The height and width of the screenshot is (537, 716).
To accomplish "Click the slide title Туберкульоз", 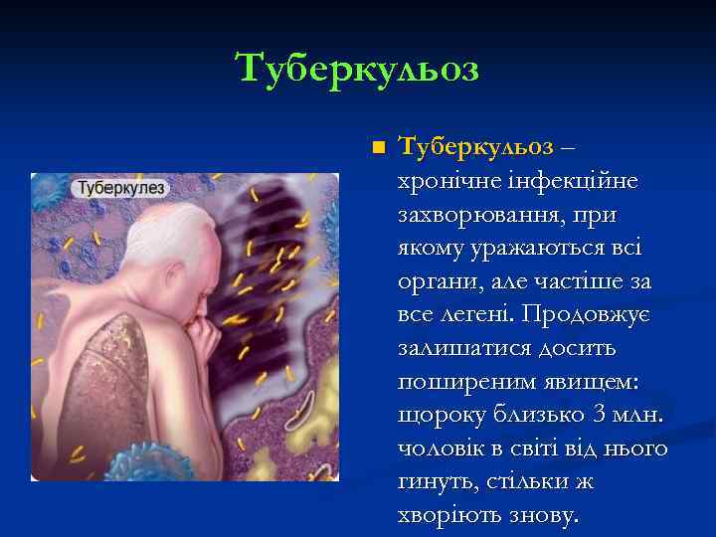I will click(x=357, y=69).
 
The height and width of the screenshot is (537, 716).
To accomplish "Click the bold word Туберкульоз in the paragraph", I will click(x=475, y=147).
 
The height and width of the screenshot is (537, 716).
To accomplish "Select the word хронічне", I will click(x=439, y=181).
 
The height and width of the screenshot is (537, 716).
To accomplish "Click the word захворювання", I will click(x=465, y=215).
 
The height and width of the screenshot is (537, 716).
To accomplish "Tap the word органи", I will click(x=435, y=282).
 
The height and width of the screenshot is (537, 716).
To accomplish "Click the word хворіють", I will click(x=447, y=517).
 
